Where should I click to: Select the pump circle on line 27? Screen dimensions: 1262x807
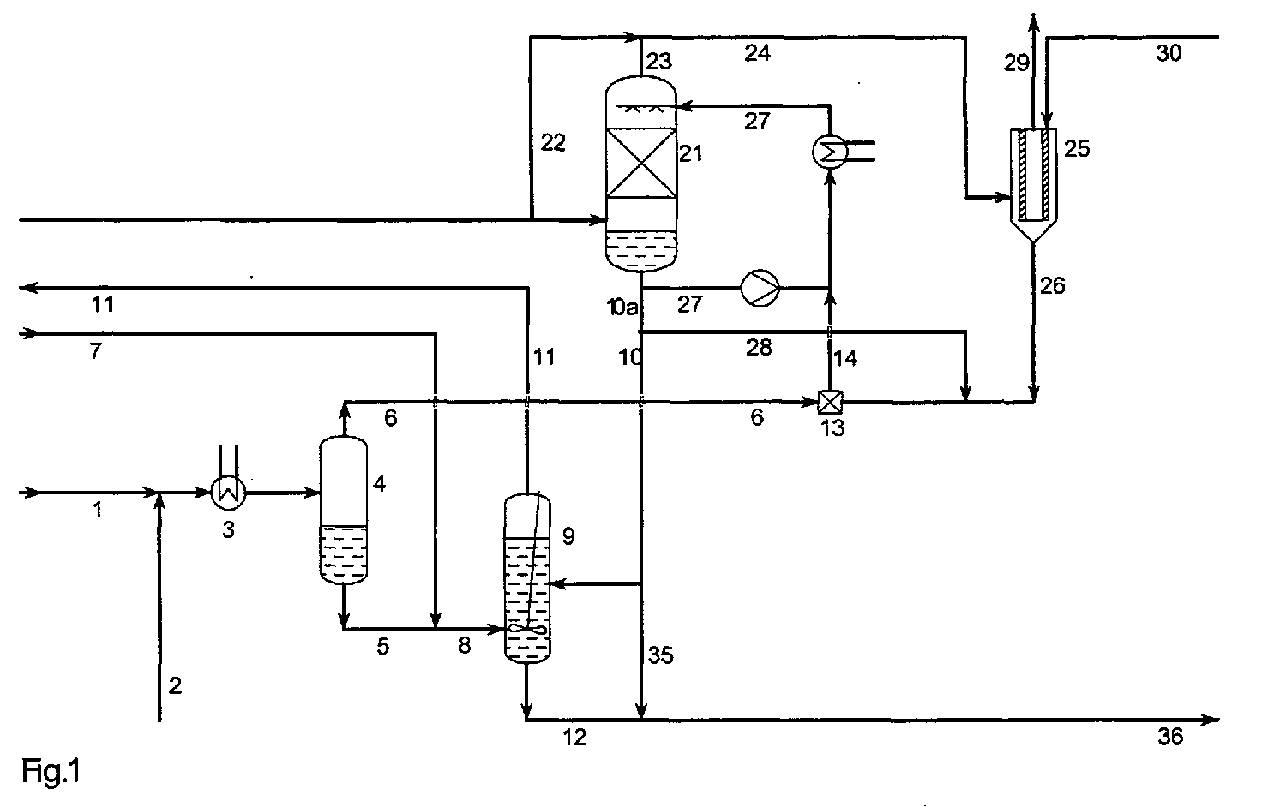pos(760,288)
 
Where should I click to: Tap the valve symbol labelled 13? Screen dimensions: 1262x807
pos(829,402)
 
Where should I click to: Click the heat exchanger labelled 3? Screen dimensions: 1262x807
pos(228,493)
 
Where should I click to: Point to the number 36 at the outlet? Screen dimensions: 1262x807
pos(1171,737)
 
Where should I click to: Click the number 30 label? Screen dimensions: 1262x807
pos(1169,53)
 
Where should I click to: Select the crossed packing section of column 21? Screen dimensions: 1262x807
pos(641,162)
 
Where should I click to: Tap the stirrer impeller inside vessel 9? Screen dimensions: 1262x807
pos(527,629)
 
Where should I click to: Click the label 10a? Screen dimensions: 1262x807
pos(622,307)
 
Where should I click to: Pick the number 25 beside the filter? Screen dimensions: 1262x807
pos(1077,149)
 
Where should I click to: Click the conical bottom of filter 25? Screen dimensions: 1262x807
pos(1033,231)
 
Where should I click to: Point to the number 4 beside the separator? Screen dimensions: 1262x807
pos(379,482)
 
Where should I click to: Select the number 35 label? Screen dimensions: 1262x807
pos(660,655)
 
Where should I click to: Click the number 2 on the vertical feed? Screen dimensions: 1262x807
pos(175,685)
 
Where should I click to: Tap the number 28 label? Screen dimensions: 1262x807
pos(759,348)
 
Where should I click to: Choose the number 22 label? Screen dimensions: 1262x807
pos(553,142)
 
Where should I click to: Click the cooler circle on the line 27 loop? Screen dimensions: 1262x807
pos(829,151)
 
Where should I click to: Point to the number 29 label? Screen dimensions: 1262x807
pos(1016,63)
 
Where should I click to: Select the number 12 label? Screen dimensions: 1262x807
pos(574,737)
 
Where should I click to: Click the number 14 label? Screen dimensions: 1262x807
pos(845,358)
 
